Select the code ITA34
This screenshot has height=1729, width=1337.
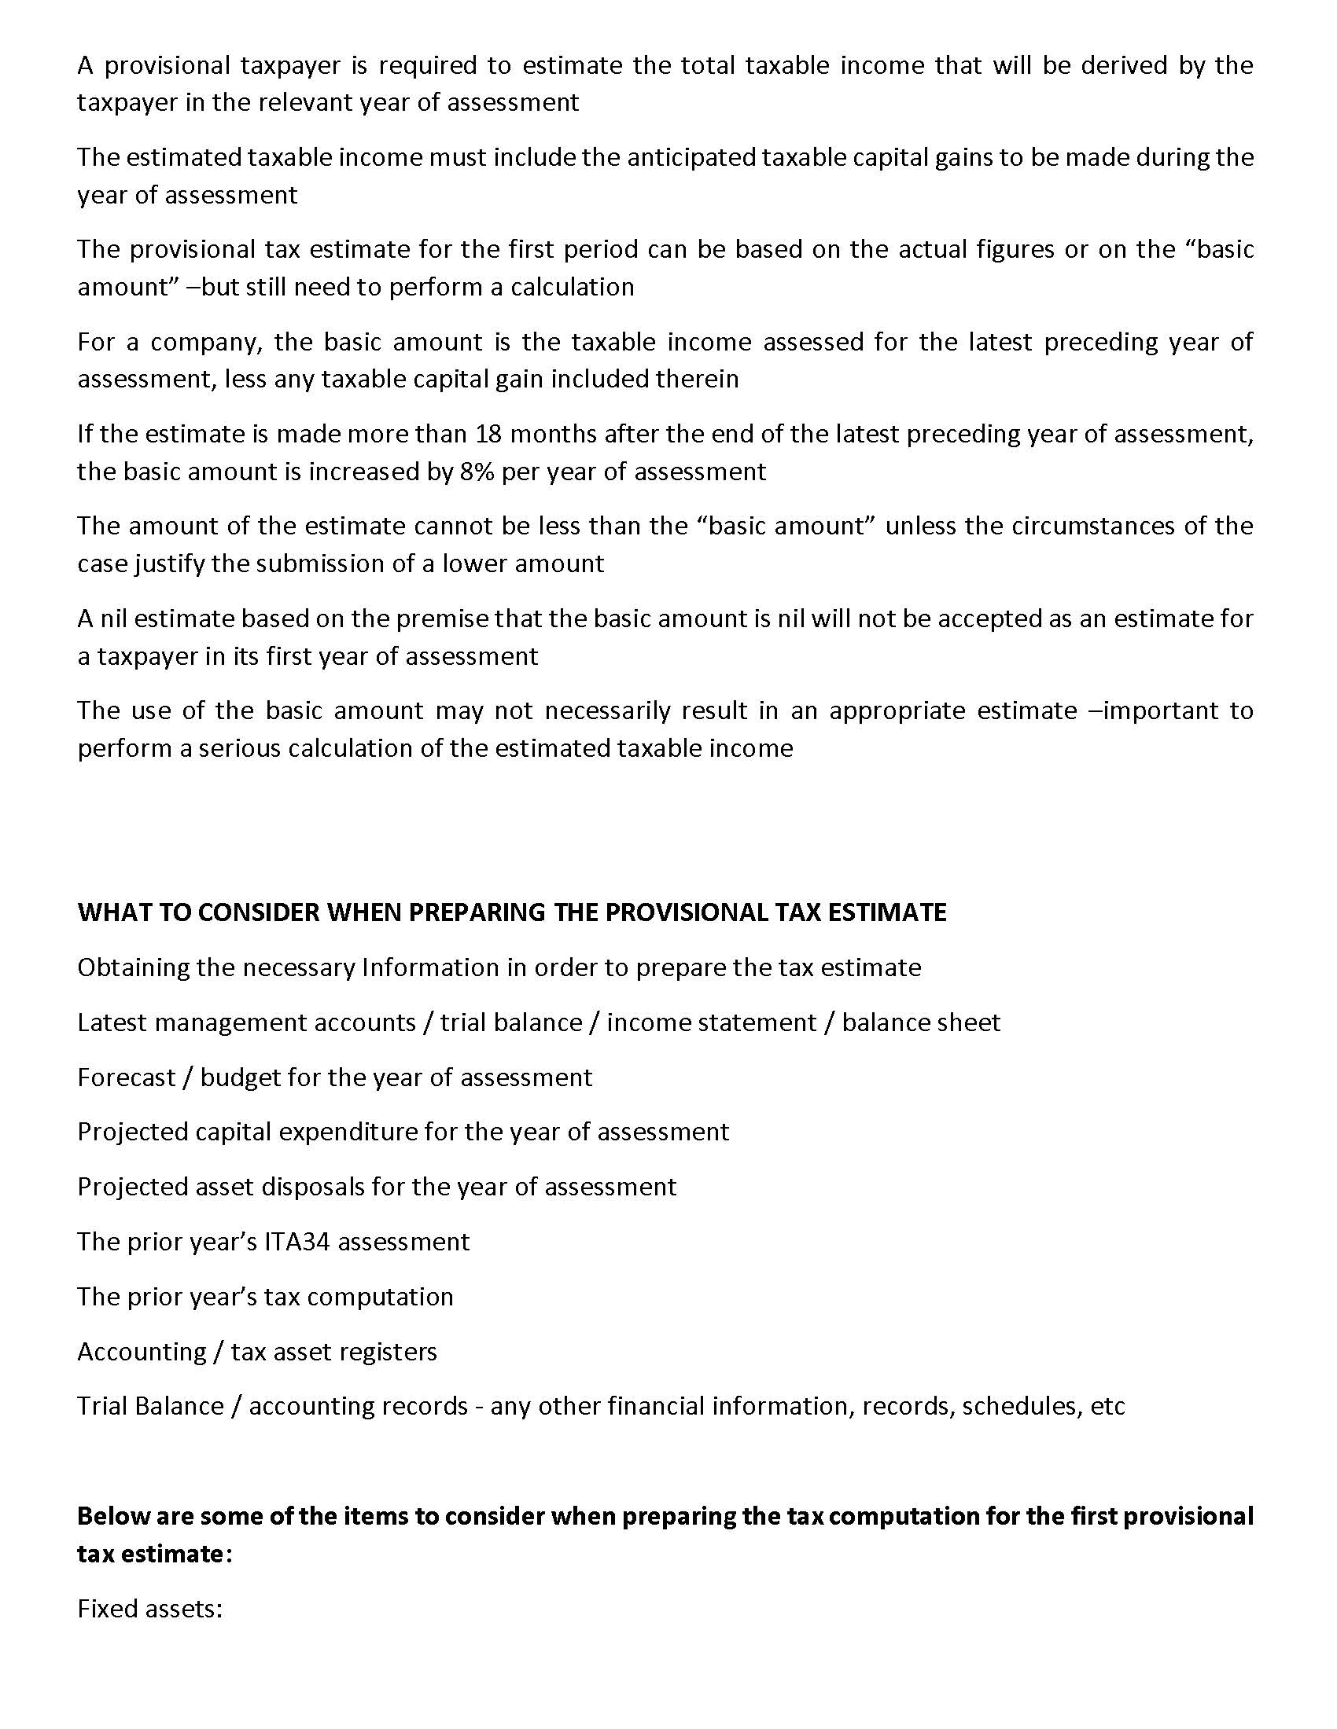click(297, 1241)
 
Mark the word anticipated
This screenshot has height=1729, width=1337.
click(690, 157)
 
